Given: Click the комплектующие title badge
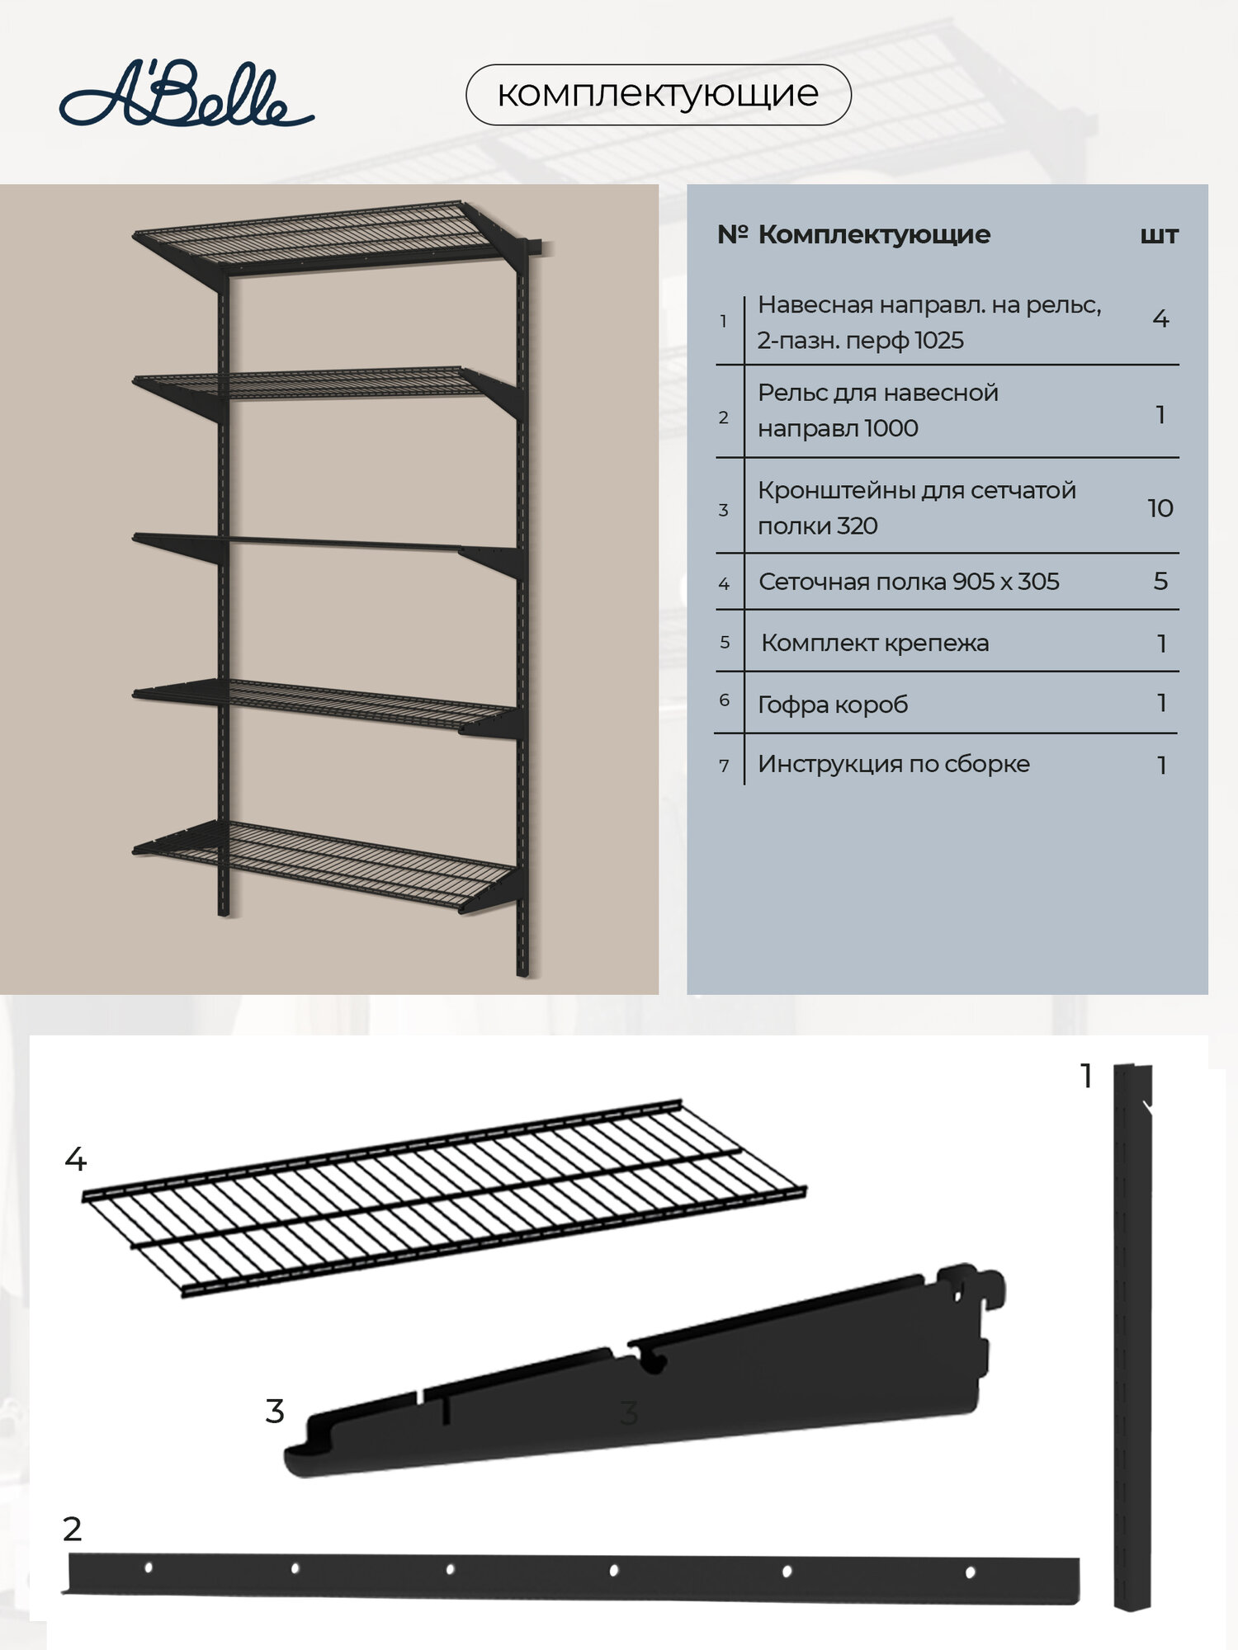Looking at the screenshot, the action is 658,94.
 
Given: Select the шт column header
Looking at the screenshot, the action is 1159,236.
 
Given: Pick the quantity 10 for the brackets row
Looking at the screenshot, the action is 1160,508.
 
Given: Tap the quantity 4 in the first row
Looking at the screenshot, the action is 1160,319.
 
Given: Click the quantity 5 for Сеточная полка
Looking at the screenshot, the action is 1160,582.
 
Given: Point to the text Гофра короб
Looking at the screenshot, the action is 833,705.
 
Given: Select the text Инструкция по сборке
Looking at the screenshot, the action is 893,764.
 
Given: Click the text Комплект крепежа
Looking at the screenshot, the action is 875,643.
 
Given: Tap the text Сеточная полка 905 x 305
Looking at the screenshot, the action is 908,582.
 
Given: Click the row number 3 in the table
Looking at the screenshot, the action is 724,510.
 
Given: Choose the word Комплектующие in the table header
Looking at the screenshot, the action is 873,235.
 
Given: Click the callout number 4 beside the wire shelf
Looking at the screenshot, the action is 75,1160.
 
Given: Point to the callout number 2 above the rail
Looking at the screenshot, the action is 73,1529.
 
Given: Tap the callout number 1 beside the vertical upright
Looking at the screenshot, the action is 1086,1076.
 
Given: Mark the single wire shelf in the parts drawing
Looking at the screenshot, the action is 446,1196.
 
